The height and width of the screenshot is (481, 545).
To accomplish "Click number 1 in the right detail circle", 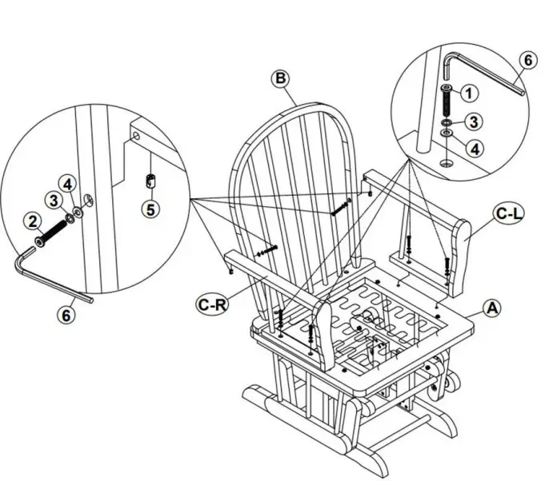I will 471,93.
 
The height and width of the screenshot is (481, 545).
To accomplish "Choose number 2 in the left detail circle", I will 34,220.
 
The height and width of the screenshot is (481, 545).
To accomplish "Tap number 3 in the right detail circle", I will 475,121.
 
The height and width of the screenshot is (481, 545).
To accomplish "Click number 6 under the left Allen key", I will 66,316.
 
